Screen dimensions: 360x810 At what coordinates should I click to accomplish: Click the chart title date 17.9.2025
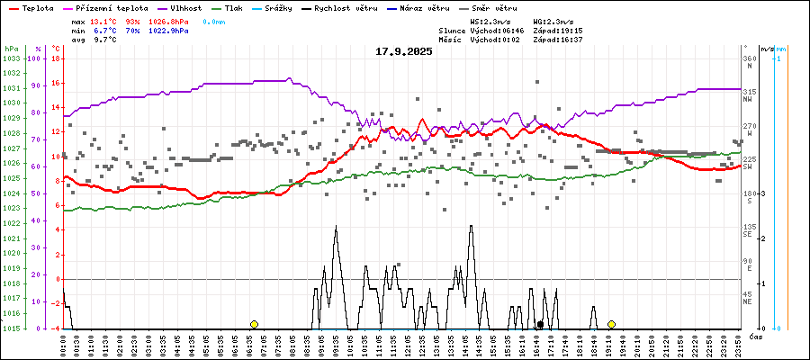404,51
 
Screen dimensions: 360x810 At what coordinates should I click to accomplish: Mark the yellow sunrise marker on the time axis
254,324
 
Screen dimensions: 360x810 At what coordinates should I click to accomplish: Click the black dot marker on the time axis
540,324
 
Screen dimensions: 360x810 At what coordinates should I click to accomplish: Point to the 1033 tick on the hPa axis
11,58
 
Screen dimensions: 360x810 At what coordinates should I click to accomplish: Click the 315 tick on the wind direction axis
748,92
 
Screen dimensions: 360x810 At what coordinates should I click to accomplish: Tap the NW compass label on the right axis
748,100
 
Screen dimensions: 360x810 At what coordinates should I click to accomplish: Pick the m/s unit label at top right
766,48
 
